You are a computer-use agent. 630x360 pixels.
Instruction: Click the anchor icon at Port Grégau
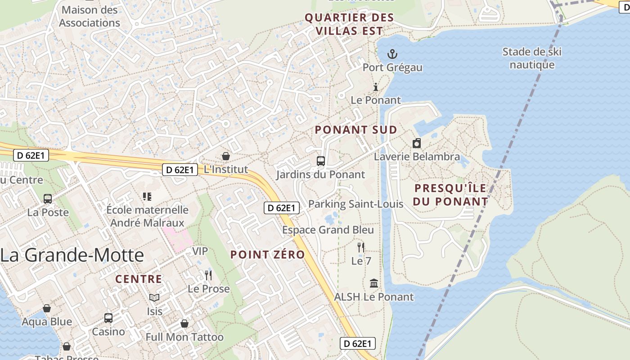(392, 54)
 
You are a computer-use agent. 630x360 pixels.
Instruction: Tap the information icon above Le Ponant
(376, 87)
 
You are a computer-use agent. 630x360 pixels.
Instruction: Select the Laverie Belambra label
(417, 157)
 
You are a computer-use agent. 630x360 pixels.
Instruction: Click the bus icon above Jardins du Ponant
(321, 161)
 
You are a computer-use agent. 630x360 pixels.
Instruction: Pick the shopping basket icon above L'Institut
(226, 156)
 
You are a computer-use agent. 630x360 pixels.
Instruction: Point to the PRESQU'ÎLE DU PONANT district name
(451, 194)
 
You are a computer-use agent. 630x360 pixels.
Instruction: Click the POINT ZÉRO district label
(267, 255)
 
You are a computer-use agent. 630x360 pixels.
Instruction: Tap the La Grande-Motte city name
(72, 255)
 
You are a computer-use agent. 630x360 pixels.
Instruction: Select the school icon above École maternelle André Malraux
(147, 196)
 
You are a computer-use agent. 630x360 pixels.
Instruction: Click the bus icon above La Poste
(48, 198)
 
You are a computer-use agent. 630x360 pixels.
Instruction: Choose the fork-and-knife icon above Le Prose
(208, 275)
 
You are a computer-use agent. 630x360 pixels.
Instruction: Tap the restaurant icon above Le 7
(360, 247)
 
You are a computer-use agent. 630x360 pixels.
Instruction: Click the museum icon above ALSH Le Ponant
(373, 283)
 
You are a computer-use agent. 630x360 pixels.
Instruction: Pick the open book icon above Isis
(154, 297)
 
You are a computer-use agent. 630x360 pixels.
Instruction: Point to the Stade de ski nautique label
(532, 58)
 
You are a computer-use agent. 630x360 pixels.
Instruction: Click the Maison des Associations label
(89, 16)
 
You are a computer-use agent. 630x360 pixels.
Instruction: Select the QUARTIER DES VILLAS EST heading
(349, 24)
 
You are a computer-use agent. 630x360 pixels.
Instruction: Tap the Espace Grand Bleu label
(328, 230)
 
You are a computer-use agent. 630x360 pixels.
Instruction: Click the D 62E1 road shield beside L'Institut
(180, 170)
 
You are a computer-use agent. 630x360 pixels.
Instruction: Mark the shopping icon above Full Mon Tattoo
(184, 324)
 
